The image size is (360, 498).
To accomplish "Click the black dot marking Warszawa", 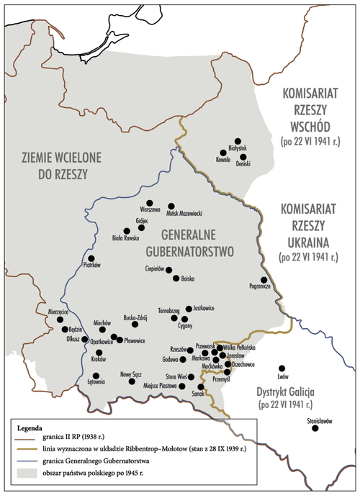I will pyautogui.click(x=150, y=203).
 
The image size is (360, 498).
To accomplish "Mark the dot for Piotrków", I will pyautogui.click(x=91, y=258).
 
